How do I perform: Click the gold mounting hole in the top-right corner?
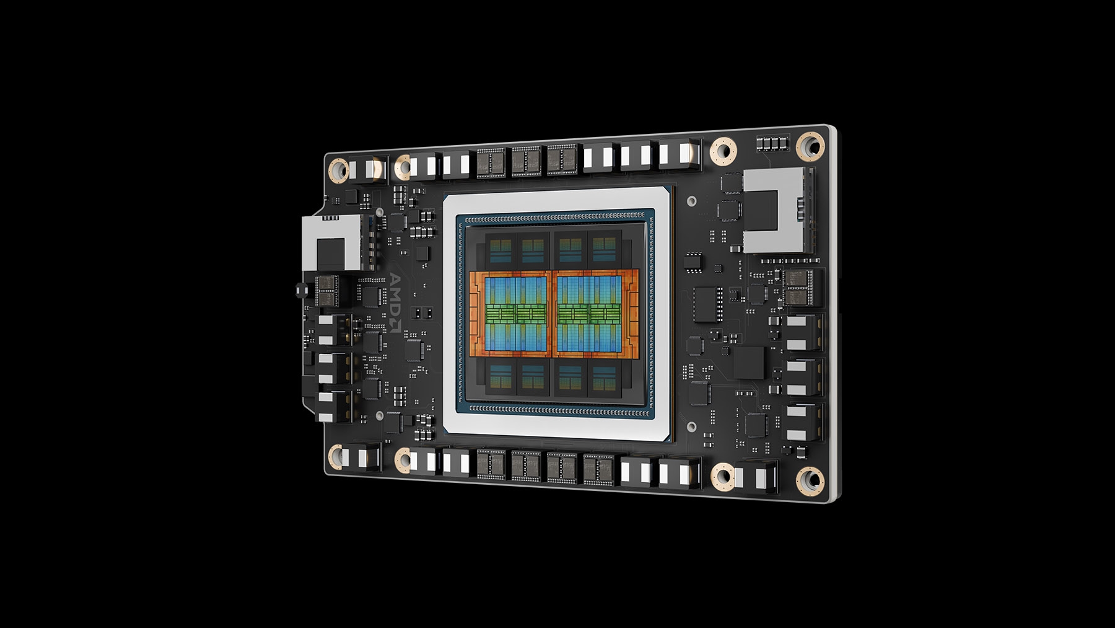click(x=810, y=146)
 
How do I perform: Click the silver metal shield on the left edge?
click(x=331, y=243)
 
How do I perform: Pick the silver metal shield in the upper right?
click(x=776, y=211)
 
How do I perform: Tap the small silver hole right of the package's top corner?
click(x=691, y=201)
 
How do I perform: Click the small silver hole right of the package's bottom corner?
click(x=691, y=427)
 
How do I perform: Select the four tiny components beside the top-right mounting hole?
click(x=774, y=144)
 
